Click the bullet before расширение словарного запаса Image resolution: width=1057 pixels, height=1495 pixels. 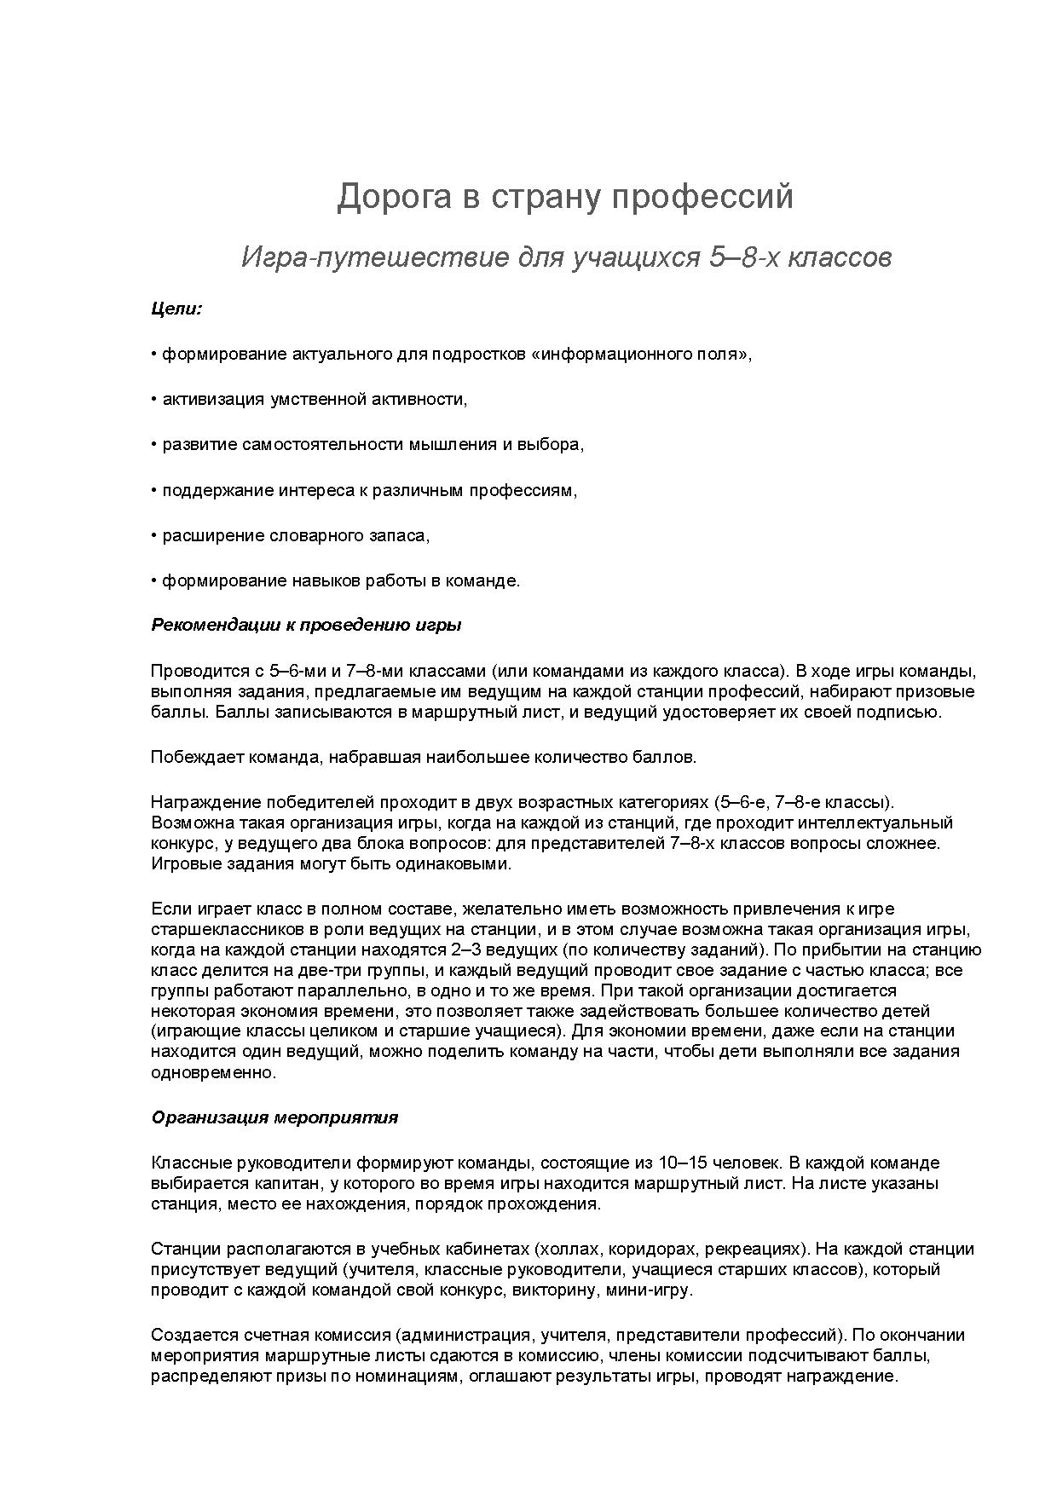(x=154, y=535)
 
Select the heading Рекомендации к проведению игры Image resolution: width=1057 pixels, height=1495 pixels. (x=306, y=625)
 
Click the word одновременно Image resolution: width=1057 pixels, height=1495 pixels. (x=213, y=1072)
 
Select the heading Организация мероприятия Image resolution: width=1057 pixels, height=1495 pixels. (x=274, y=1117)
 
